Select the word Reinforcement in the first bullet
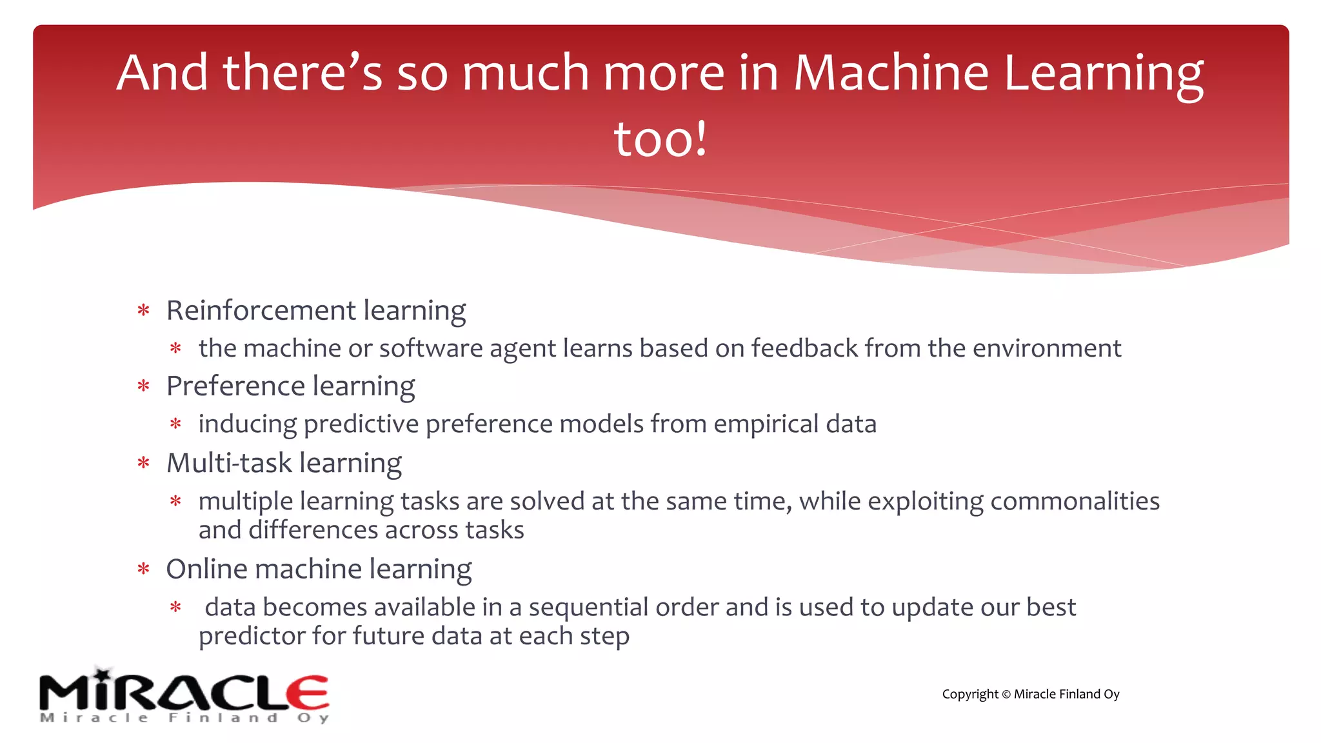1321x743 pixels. click(261, 310)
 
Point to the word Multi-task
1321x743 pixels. click(229, 463)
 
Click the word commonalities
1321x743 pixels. click(1075, 501)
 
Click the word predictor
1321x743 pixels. click(252, 637)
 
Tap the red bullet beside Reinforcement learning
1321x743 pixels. click(143, 311)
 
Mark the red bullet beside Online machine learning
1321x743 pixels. click(143, 570)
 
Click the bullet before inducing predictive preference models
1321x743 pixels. click(175, 424)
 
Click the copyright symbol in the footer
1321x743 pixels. click(1006, 695)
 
